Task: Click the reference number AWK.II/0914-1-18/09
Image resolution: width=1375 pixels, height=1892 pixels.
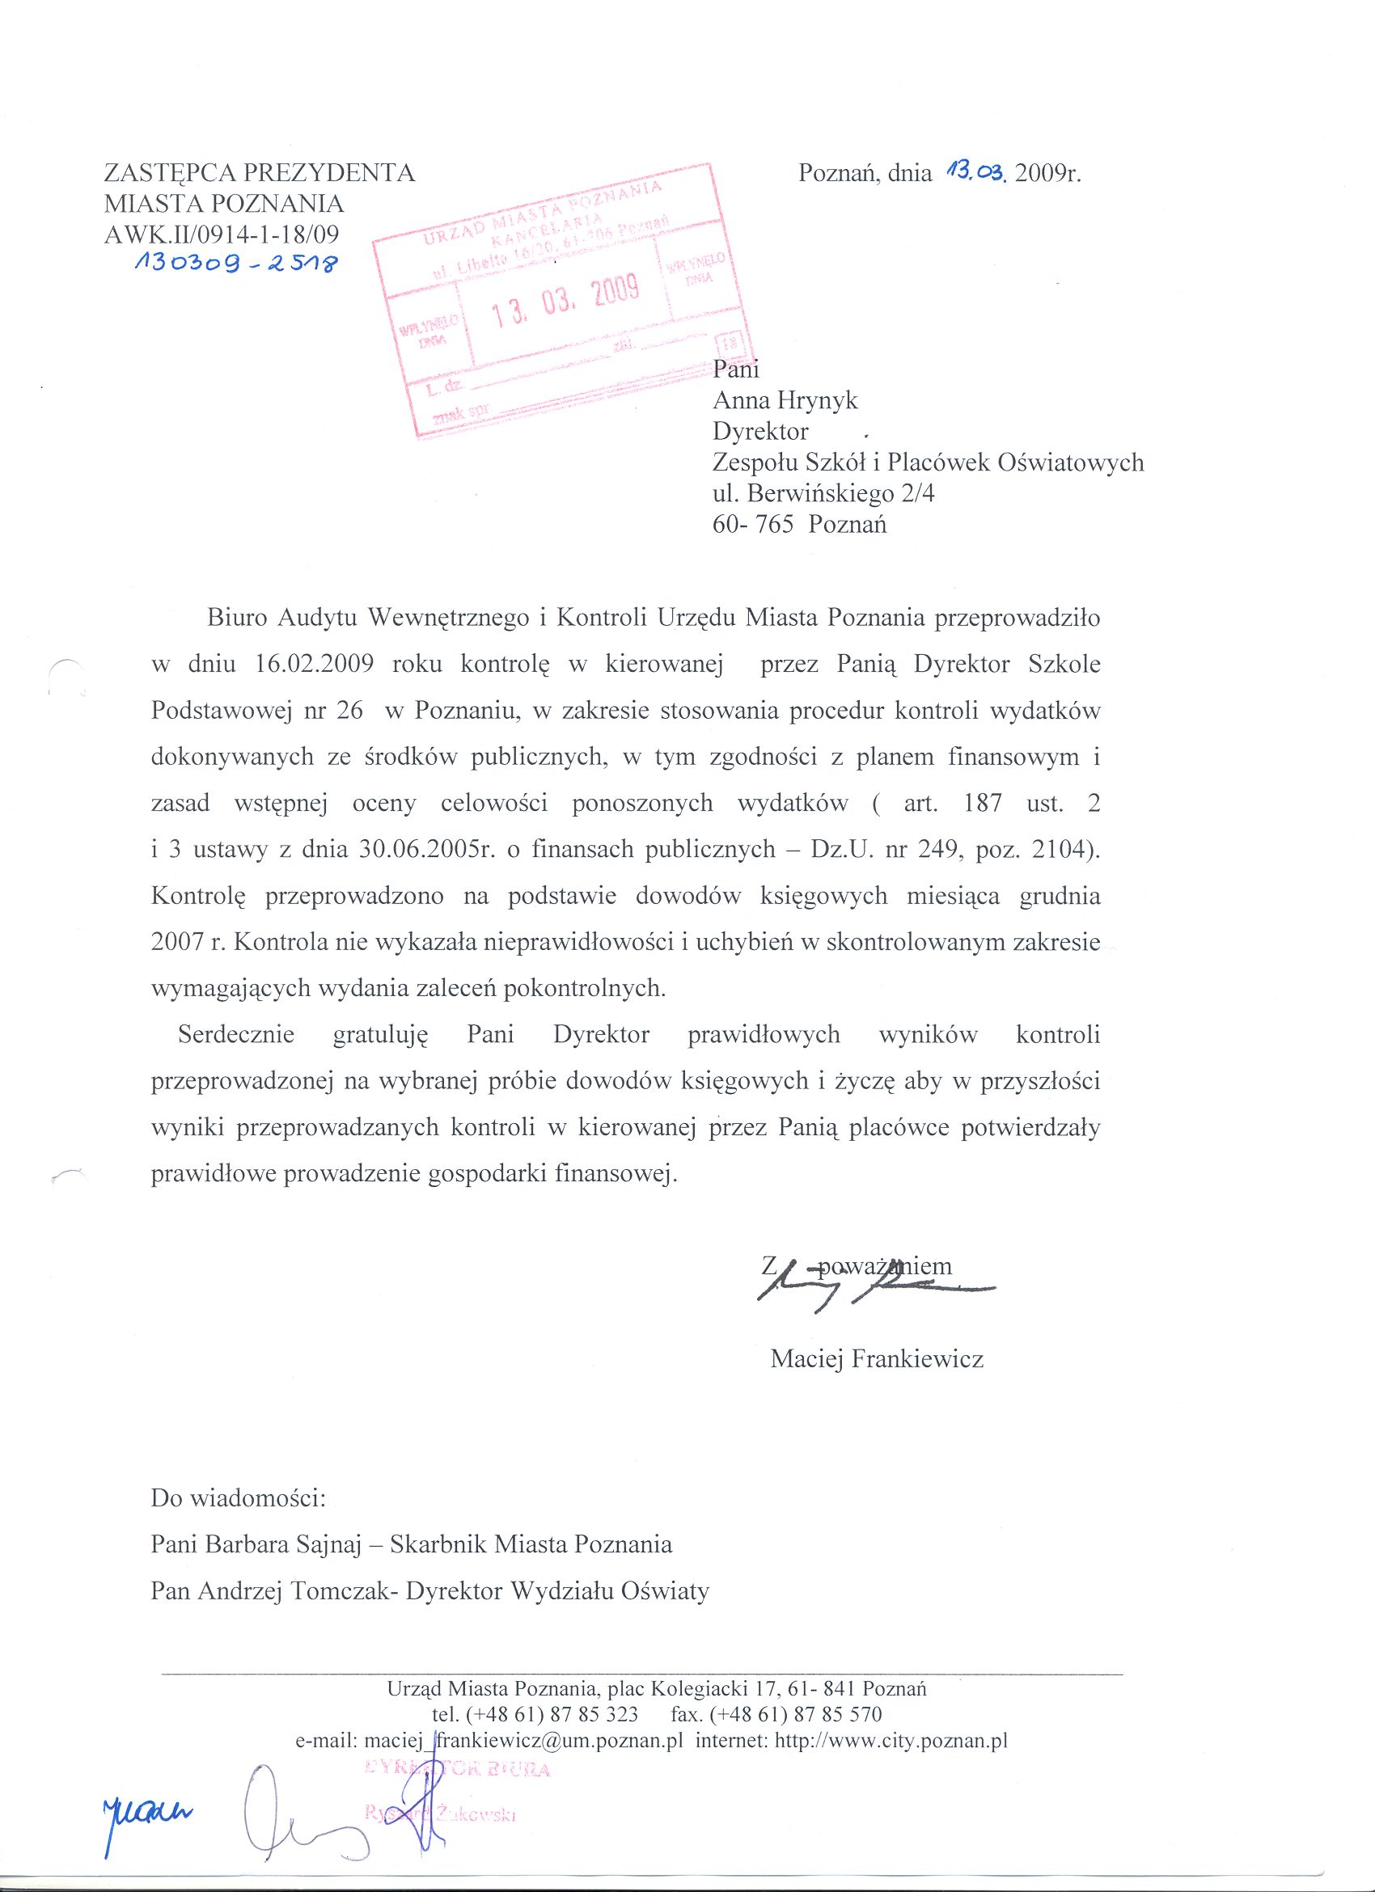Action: click(x=221, y=234)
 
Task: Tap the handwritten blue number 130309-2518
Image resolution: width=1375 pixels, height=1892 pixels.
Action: click(x=236, y=265)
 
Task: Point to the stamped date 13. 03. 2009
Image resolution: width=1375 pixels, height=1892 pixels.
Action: click(x=566, y=302)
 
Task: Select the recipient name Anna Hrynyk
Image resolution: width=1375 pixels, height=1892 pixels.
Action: click(x=785, y=400)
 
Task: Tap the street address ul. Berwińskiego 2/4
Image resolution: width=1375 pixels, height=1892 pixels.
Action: click(x=823, y=494)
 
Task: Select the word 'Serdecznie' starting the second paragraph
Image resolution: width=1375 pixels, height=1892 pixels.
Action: click(x=236, y=1034)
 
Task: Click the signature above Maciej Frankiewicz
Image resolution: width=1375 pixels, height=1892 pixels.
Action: click(x=868, y=1291)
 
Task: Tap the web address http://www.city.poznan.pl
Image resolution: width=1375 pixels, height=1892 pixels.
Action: click(x=891, y=1742)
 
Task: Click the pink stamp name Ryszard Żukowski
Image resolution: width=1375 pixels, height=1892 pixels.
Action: click(x=440, y=1813)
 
